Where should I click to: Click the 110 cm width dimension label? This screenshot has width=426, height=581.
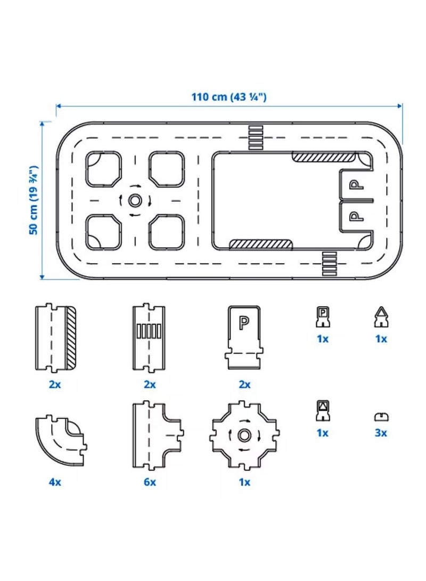click(228, 97)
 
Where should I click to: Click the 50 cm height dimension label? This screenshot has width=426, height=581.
click(34, 200)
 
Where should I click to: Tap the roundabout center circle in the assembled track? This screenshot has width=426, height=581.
click(135, 200)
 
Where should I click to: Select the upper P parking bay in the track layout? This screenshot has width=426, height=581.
click(356, 185)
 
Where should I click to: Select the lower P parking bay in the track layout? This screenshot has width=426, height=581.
click(356, 216)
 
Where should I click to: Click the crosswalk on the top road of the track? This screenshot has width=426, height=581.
click(256, 137)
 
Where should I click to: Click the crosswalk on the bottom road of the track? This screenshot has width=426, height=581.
click(329, 264)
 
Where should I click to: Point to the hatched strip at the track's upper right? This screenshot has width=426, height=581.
click(323, 157)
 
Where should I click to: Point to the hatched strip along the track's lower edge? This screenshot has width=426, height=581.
click(261, 244)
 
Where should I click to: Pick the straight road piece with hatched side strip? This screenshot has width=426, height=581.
click(55, 338)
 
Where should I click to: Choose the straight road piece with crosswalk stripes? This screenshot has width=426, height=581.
click(149, 338)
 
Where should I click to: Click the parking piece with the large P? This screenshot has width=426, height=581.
click(244, 337)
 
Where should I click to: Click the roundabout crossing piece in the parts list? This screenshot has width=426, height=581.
click(244, 435)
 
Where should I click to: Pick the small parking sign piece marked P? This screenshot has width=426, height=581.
click(323, 317)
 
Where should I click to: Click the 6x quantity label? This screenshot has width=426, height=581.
click(150, 482)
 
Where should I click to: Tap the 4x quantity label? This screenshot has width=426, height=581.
click(55, 482)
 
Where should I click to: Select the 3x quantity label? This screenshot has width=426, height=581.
click(381, 433)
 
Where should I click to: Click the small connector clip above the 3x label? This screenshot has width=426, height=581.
click(381, 417)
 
